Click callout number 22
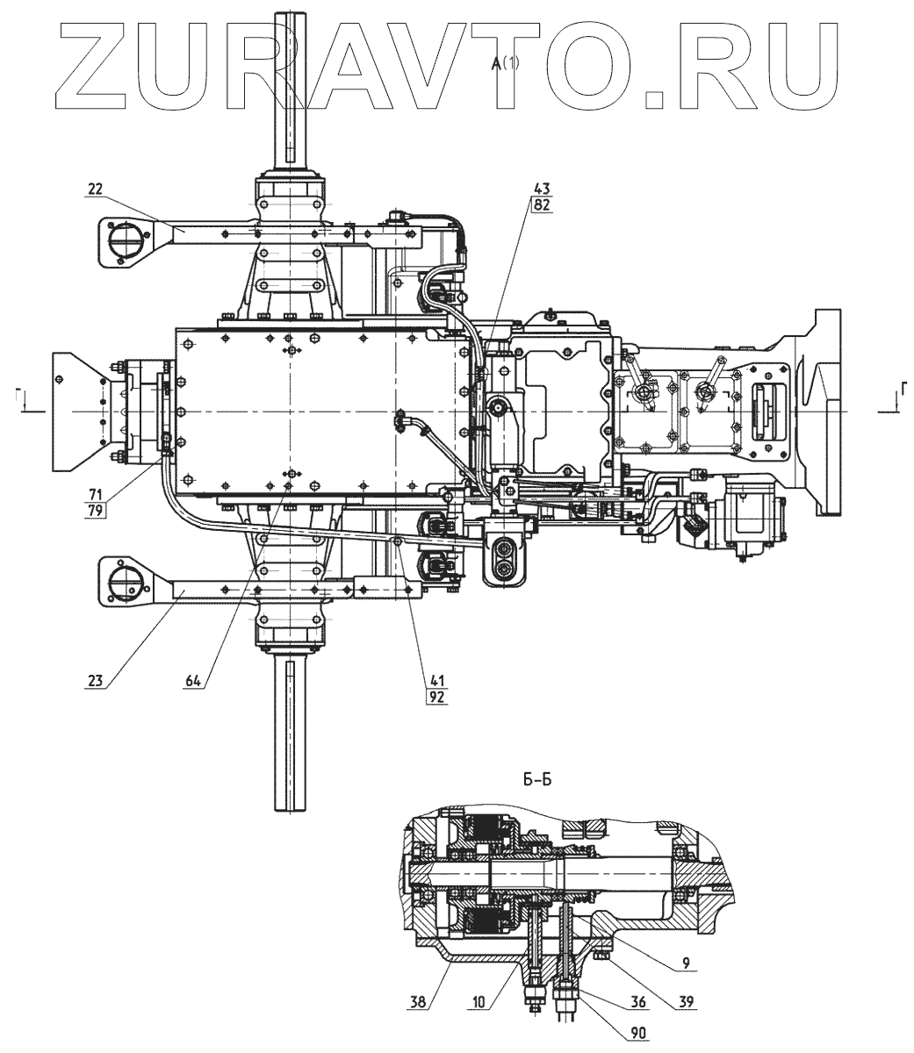(x=94, y=188)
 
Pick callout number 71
(x=94, y=495)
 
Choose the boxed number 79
(x=94, y=510)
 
